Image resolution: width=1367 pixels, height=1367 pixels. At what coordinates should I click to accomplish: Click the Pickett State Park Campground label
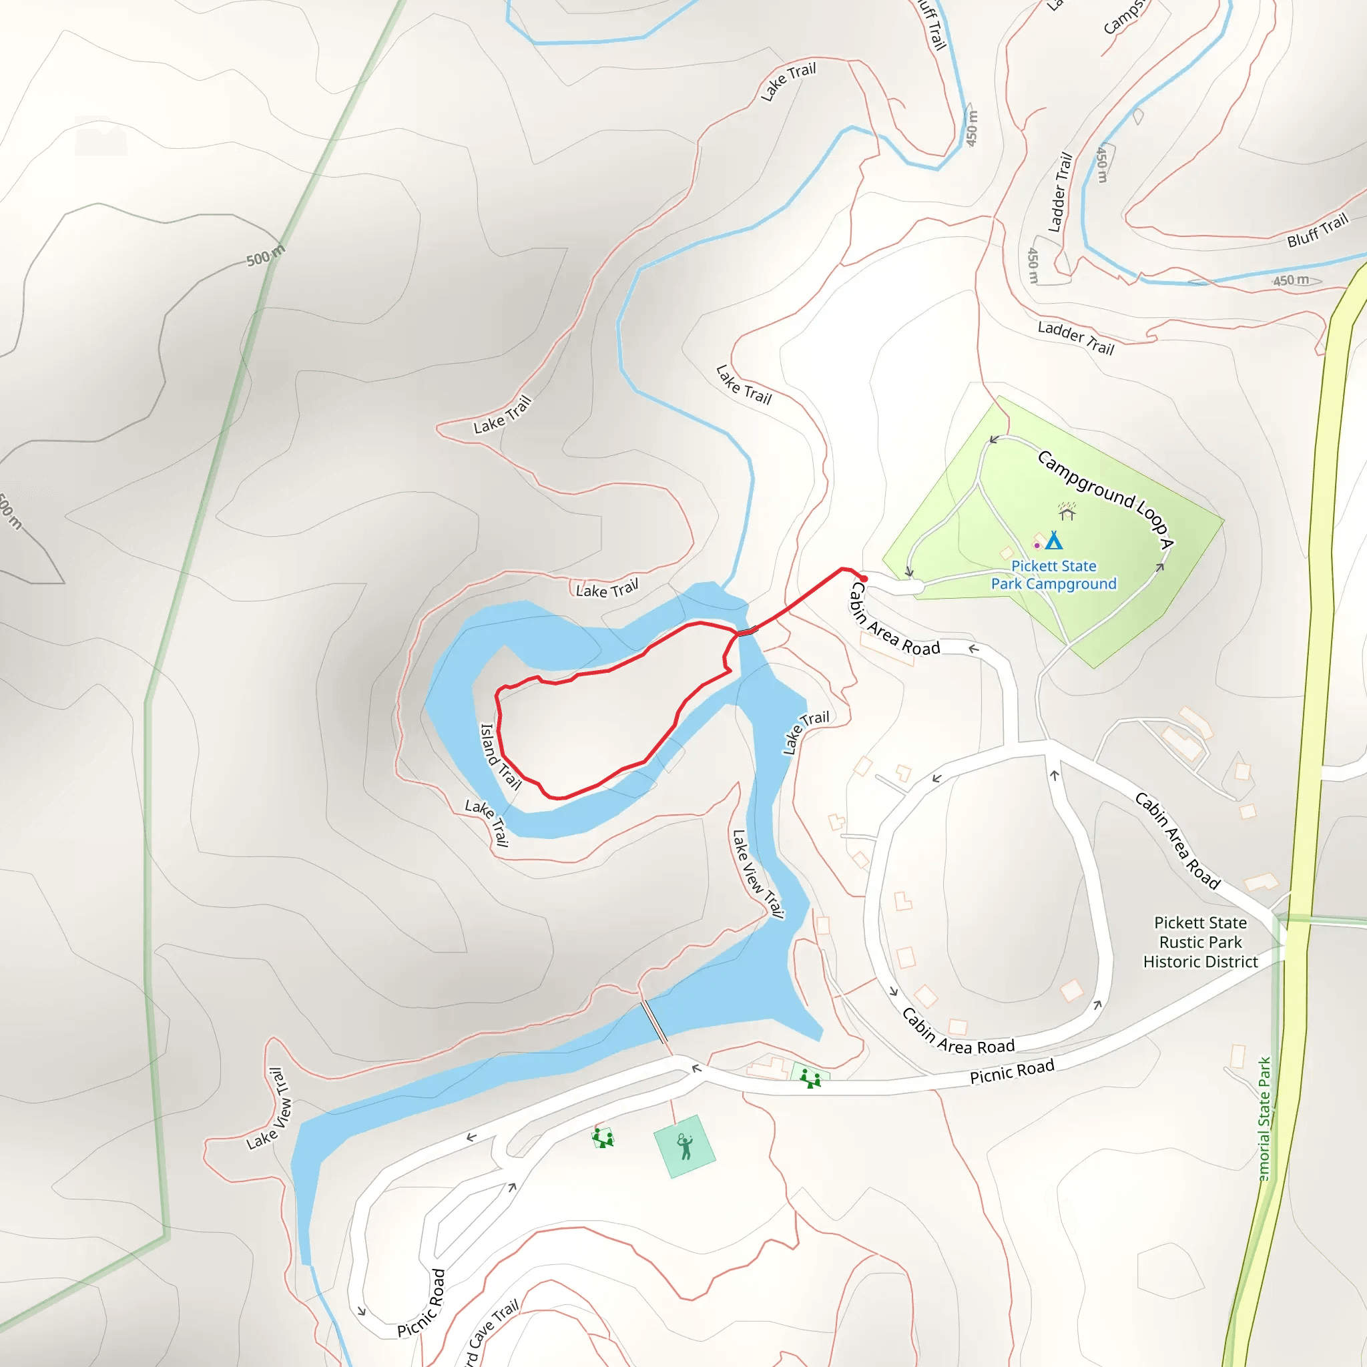click(1053, 575)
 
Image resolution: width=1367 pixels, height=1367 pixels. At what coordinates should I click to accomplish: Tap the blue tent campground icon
click(1053, 541)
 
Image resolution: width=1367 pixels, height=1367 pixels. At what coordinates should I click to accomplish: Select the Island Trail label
click(499, 756)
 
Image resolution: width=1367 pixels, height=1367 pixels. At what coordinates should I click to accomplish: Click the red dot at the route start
click(864, 579)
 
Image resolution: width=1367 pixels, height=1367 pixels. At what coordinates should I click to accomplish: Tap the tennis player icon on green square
click(684, 1146)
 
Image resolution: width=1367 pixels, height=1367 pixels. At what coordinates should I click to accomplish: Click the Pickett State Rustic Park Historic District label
click(1200, 942)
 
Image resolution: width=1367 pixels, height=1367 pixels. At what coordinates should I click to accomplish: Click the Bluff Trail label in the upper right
click(1317, 231)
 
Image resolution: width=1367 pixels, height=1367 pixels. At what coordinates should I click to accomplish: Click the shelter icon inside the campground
click(1067, 511)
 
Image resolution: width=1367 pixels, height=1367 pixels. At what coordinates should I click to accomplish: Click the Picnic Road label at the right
click(1011, 1071)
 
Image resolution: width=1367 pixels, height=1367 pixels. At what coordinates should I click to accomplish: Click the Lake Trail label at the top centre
click(788, 81)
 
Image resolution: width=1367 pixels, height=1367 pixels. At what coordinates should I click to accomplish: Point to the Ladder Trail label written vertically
click(1059, 192)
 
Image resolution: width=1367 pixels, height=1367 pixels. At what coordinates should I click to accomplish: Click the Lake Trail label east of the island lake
click(805, 732)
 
